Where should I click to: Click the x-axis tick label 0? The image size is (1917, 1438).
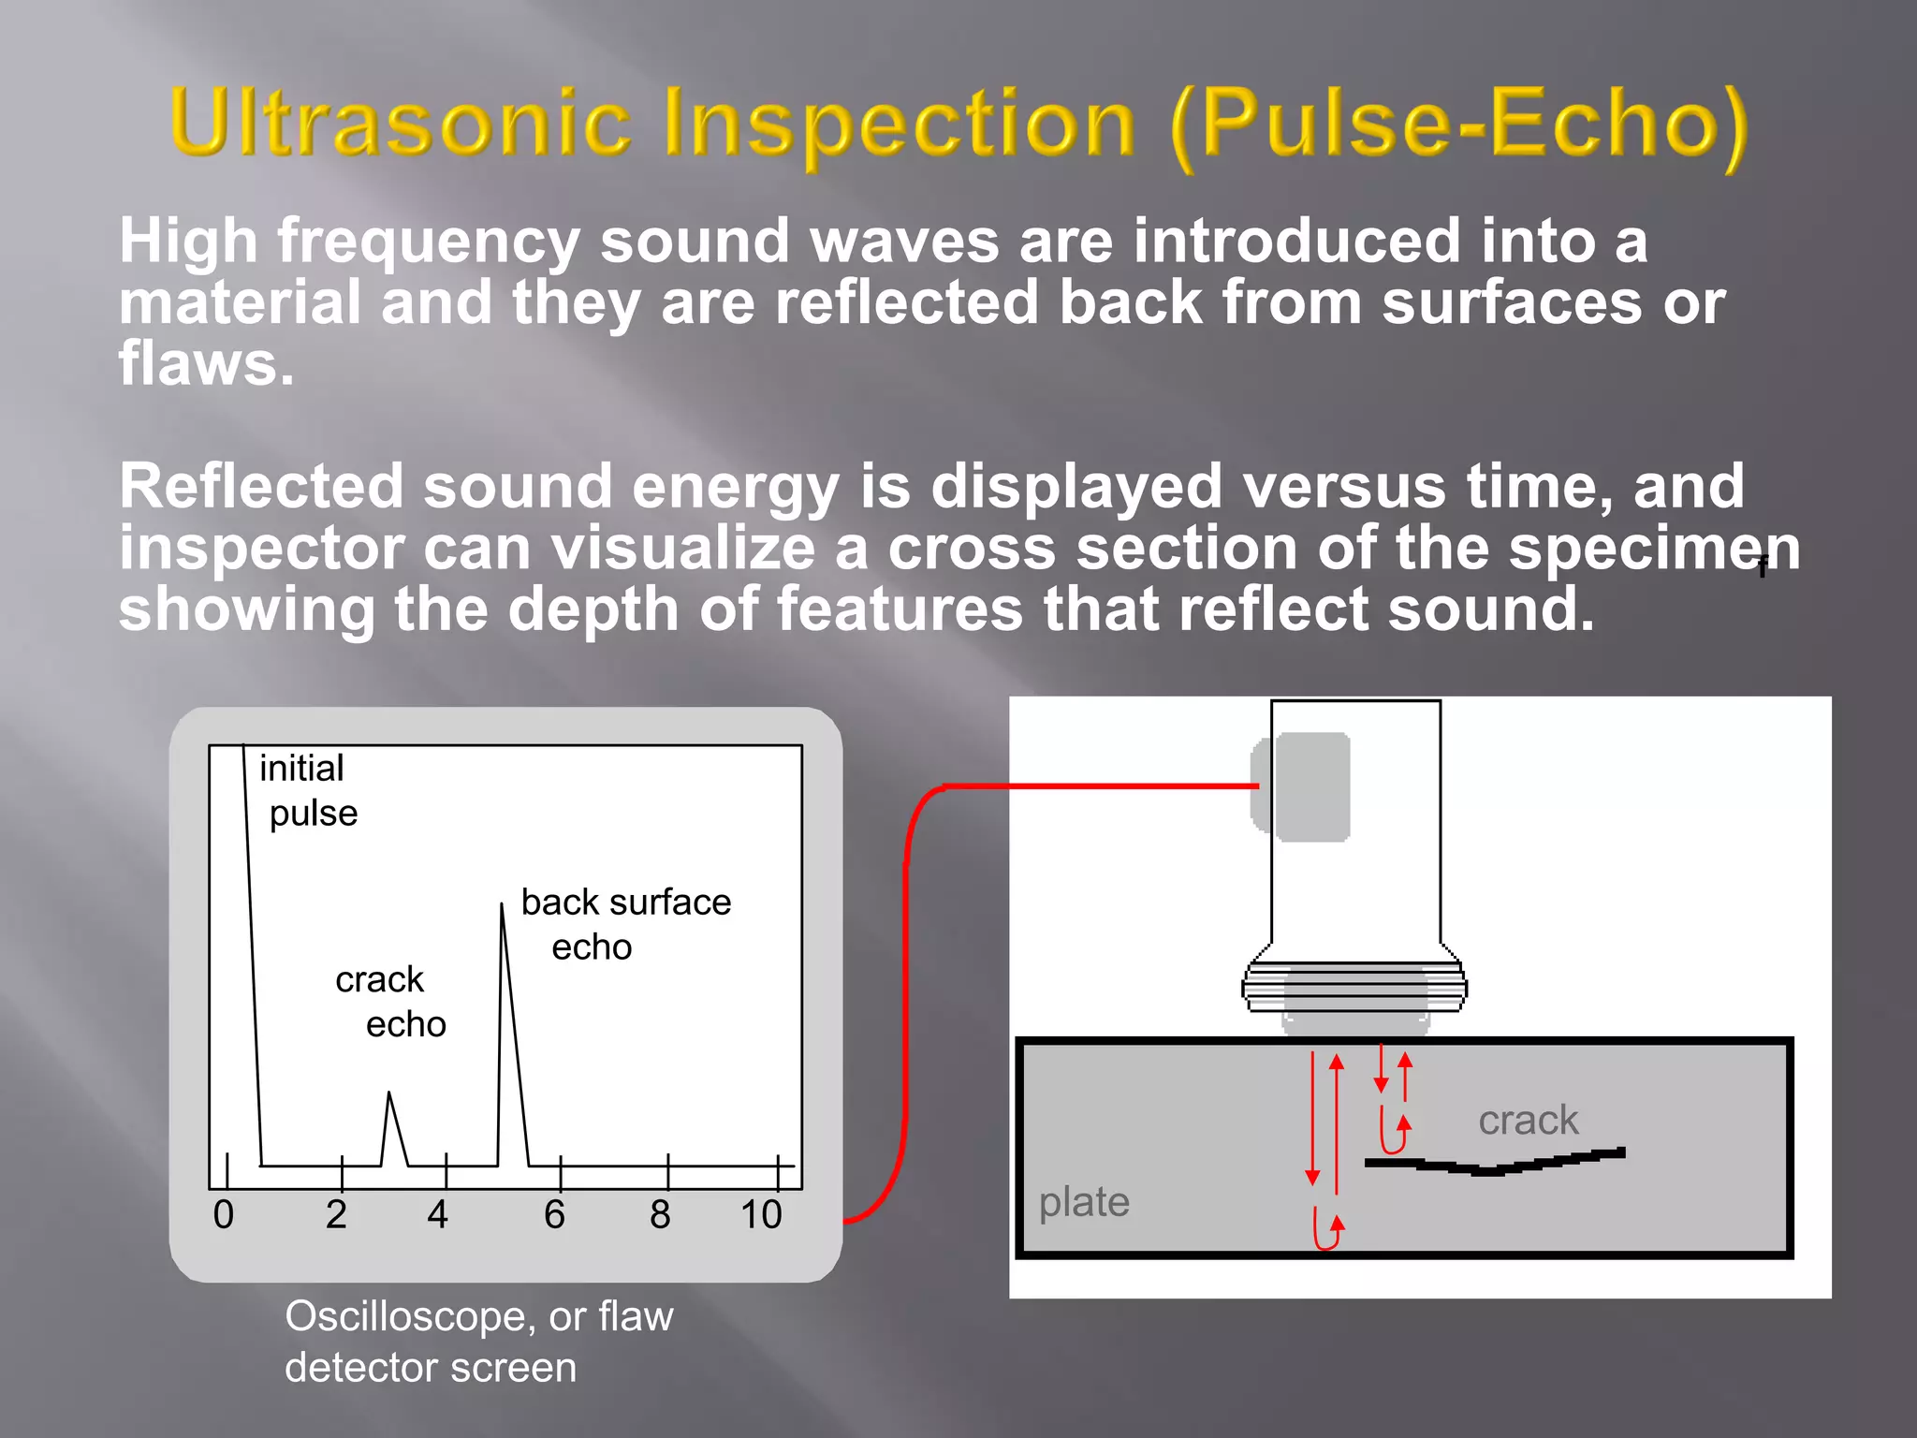tap(223, 1215)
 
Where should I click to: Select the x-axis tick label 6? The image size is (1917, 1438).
tap(554, 1215)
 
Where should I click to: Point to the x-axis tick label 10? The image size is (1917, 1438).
tap(761, 1215)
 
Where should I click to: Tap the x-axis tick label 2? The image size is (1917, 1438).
tap(336, 1215)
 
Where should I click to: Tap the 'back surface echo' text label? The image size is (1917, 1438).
tap(625, 923)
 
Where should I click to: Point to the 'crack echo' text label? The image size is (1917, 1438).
tap(389, 1001)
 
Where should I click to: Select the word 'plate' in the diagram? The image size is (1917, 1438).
tap(1084, 1201)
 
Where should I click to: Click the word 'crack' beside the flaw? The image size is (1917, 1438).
tap(1528, 1120)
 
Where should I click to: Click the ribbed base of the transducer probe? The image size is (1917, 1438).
tap(1354, 988)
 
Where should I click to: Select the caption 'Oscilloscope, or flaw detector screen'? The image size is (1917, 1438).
tap(478, 1341)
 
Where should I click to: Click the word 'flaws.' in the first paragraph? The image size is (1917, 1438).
tap(206, 364)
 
